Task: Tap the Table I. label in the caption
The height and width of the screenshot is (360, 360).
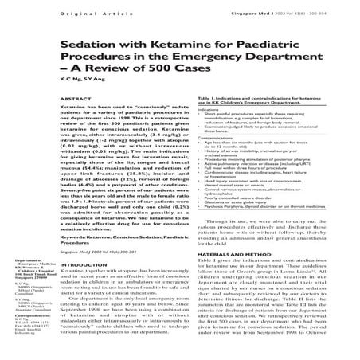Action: tap(203, 115)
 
